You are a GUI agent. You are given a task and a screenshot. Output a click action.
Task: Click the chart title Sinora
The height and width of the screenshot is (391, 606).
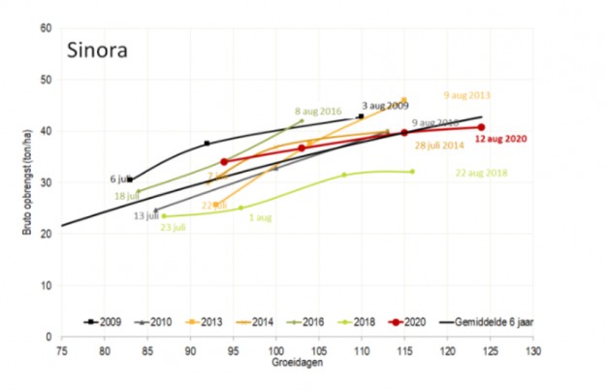tap(101, 49)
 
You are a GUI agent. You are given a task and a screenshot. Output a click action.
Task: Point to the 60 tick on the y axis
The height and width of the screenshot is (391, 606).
tap(46, 27)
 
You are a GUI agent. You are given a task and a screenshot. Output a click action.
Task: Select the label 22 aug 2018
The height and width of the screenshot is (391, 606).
tap(482, 174)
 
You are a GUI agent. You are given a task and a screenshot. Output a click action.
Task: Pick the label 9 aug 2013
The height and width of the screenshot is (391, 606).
tap(466, 96)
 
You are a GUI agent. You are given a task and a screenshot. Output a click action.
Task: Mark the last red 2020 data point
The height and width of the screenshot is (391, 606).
tap(481, 127)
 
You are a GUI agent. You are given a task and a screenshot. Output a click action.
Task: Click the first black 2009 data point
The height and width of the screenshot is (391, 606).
tap(130, 179)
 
